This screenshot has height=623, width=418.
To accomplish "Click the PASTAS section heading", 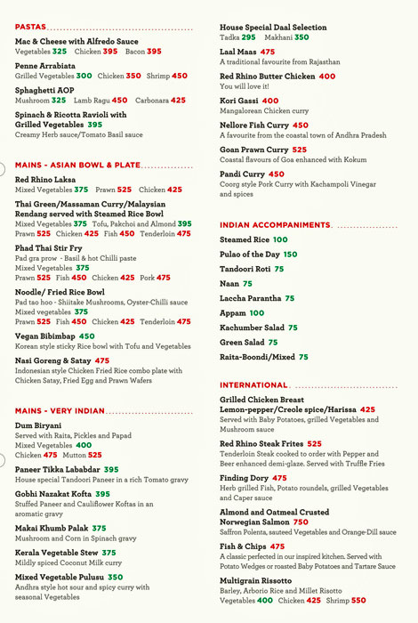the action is coord(31,27).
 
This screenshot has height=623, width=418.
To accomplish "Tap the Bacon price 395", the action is coord(154,52).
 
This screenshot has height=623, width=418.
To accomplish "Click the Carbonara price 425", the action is coord(178,101).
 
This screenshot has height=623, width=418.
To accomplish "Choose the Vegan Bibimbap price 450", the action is coord(86,336).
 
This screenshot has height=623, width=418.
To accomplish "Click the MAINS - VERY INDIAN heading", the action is coord(60,411).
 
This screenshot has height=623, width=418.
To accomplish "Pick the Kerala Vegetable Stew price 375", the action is coord(109,552).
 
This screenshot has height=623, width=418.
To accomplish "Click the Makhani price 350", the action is coord(301,37).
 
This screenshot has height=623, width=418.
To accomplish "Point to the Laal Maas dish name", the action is coord(238,53).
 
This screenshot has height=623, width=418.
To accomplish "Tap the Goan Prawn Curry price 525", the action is coord(299,150).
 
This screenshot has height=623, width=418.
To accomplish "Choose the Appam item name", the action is coord(233,313).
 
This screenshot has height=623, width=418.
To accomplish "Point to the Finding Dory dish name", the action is coord(244,478).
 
